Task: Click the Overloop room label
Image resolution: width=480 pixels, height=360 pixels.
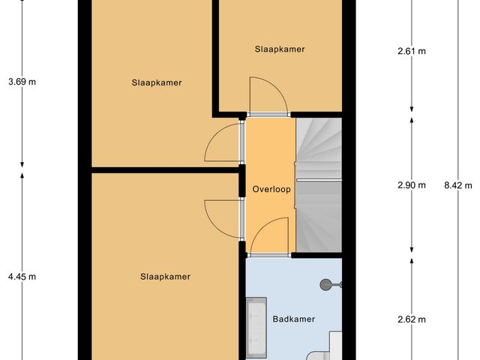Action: click(x=271, y=189)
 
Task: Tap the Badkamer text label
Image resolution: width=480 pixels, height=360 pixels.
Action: click(x=293, y=319)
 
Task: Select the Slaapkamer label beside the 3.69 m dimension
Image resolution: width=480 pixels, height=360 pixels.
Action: click(x=157, y=82)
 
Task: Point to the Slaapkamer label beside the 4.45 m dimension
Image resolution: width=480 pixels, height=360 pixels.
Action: click(x=165, y=277)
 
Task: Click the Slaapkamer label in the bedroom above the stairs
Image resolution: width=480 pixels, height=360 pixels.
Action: click(x=280, y=49)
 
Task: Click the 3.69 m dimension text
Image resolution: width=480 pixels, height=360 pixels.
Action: click(x=21, y=82)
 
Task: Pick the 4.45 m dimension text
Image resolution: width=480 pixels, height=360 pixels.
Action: click(x=22, y=277)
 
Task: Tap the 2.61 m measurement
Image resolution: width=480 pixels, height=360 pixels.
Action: click(x=411, y=52)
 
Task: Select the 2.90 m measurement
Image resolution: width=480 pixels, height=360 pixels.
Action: click(x=411, y=185)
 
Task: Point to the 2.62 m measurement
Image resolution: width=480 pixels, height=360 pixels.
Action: click(x=411, y=319)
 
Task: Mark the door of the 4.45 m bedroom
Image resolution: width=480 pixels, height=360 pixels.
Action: click(x=223, y=220)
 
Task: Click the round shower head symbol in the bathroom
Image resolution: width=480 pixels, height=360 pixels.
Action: click(x=326, y=284)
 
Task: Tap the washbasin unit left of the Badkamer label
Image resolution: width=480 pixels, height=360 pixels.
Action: click(x=255, y=327)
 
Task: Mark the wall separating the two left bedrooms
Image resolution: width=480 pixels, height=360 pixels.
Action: click(x=165, y=170)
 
